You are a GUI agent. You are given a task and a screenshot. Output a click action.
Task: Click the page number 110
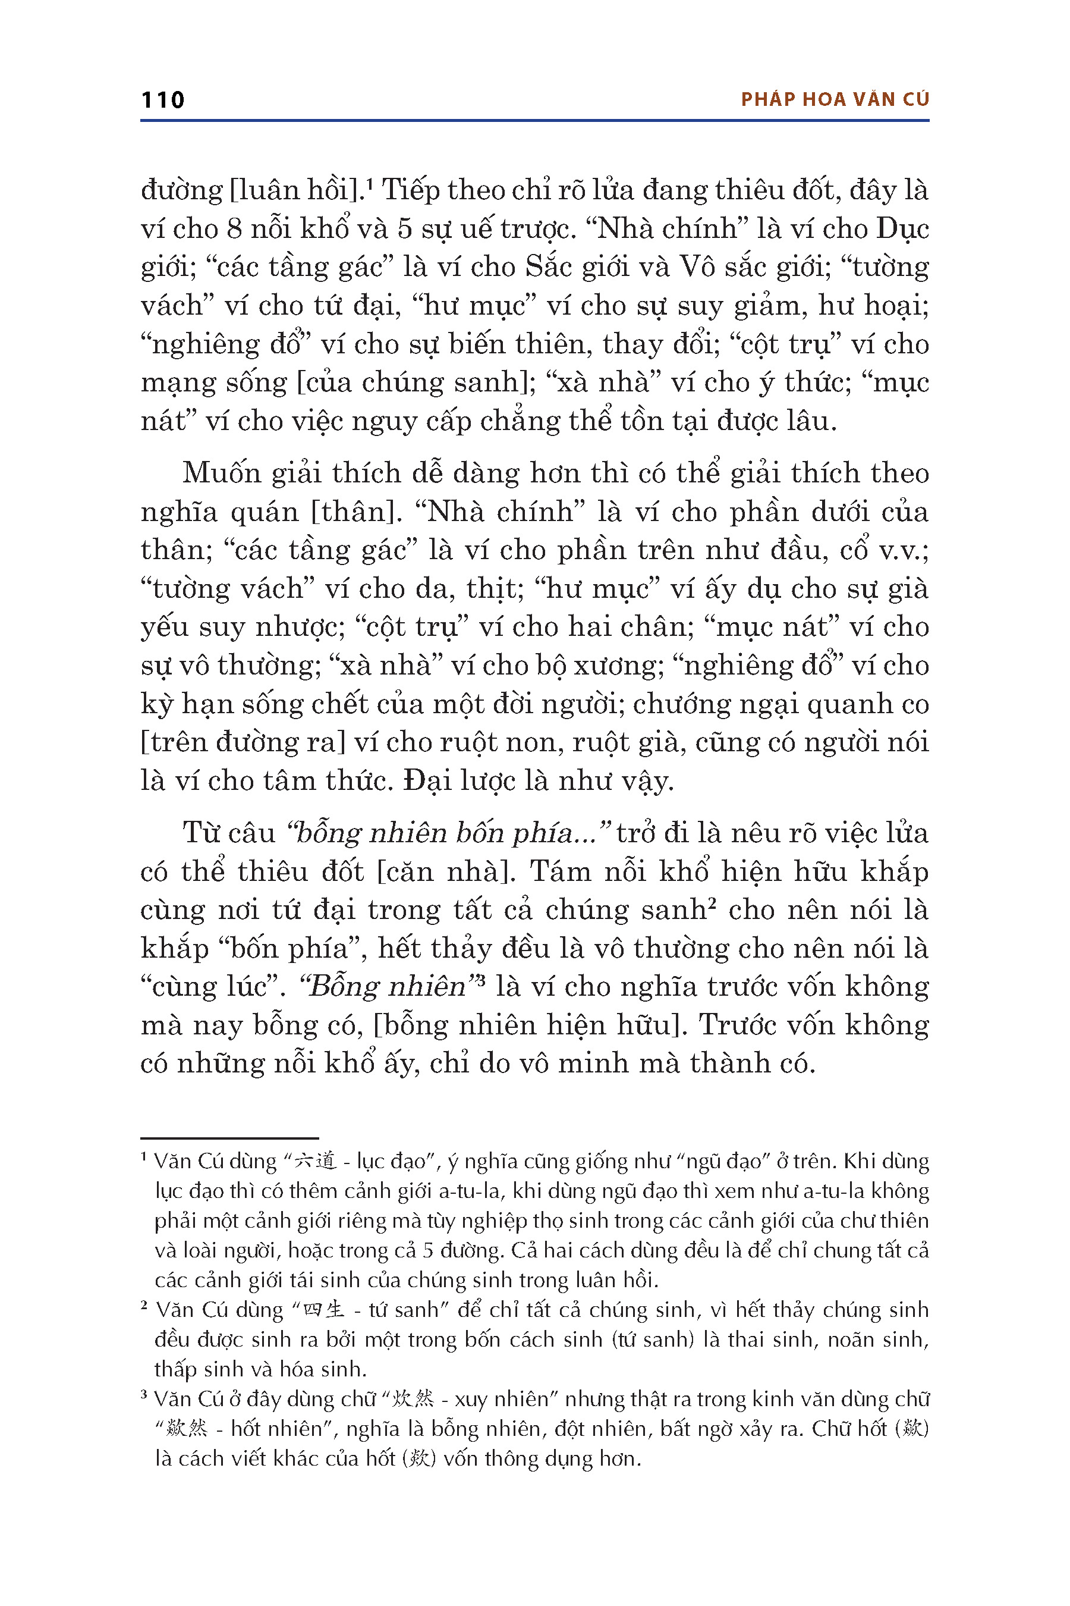(x=162, y=101)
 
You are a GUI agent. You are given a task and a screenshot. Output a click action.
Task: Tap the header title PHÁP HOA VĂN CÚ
(x=835, y=100)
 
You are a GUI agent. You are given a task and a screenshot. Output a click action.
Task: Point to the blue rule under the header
(x=534, y=121)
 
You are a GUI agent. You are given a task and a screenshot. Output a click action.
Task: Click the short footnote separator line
(x=229, y=1138)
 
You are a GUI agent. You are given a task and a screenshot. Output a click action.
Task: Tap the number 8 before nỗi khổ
(x=234, y=229)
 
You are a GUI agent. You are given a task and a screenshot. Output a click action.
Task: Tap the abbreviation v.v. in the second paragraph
(x=902, y=550)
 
